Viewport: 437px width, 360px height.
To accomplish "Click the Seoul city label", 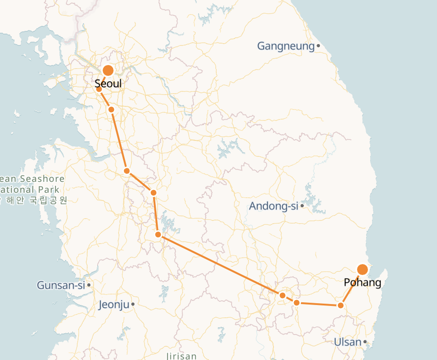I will coord(108,84).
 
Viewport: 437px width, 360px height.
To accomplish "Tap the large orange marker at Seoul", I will coord(108,70).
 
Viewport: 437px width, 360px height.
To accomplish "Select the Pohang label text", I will coord(362,283).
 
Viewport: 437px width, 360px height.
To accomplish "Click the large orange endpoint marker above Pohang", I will coord(363,270).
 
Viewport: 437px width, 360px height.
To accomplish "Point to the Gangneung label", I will coord(286,46).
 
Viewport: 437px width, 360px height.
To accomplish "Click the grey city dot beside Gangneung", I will coord(318,46).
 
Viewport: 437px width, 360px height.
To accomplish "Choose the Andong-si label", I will coord(273,206).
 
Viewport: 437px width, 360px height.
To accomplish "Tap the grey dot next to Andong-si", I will coord(302,206).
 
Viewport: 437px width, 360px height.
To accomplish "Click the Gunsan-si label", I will coord(61,285).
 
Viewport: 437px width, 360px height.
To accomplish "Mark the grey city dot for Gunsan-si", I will coord(89,285).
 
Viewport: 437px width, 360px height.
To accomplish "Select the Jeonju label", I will coord(114,305).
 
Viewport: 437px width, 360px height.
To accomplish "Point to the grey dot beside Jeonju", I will coord(133,304).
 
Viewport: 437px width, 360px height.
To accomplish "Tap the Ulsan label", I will coord(348,342).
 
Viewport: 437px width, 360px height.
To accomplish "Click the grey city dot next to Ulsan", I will coord(365,342).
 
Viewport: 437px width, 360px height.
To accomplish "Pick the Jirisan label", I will coord(181,356).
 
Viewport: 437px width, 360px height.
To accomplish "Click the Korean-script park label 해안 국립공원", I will coord(38,200).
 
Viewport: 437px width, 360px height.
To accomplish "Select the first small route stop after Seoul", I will coord(99,89).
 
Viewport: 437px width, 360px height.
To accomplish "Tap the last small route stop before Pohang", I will coord(341,306).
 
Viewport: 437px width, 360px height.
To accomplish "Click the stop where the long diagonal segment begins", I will coord(158,235).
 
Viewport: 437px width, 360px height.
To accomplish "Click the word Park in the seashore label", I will coord(49,189).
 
